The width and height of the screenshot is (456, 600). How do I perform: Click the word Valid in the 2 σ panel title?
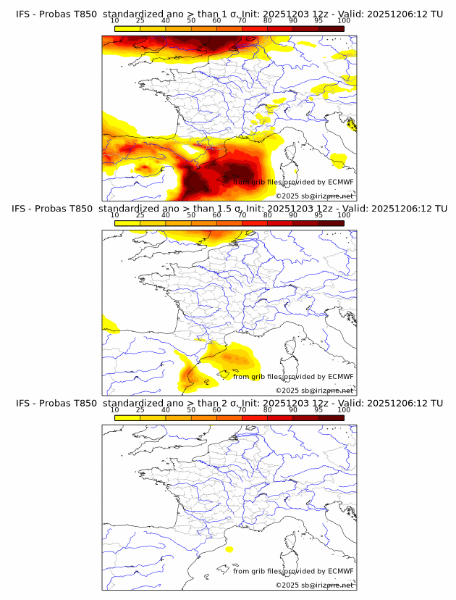pos(352,403)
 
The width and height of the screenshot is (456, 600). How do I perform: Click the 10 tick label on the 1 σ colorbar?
pos(114,22)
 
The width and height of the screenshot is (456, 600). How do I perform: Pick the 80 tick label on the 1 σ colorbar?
pos(268,22)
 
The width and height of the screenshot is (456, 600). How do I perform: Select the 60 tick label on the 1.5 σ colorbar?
pos(216,215)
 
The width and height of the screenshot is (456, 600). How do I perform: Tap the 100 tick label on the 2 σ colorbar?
pos(344,409)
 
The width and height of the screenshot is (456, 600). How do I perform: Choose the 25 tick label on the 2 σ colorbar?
pos(140,409)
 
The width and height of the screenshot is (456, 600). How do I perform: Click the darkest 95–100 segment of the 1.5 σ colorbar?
pos(332,223)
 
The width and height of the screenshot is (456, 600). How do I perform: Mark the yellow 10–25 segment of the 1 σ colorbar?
pos(127,29)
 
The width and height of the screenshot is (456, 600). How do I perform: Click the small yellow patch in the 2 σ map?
pos(229,550)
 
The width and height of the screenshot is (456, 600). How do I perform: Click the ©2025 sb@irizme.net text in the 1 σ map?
pos(314,196)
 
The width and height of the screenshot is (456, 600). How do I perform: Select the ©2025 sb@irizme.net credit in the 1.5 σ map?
pos(314,391)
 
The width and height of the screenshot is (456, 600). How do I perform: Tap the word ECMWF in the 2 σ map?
pos(341,571)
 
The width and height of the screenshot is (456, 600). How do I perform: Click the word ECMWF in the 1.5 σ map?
pos(341,377)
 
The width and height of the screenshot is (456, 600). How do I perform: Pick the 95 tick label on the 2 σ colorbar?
pos(318,409)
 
